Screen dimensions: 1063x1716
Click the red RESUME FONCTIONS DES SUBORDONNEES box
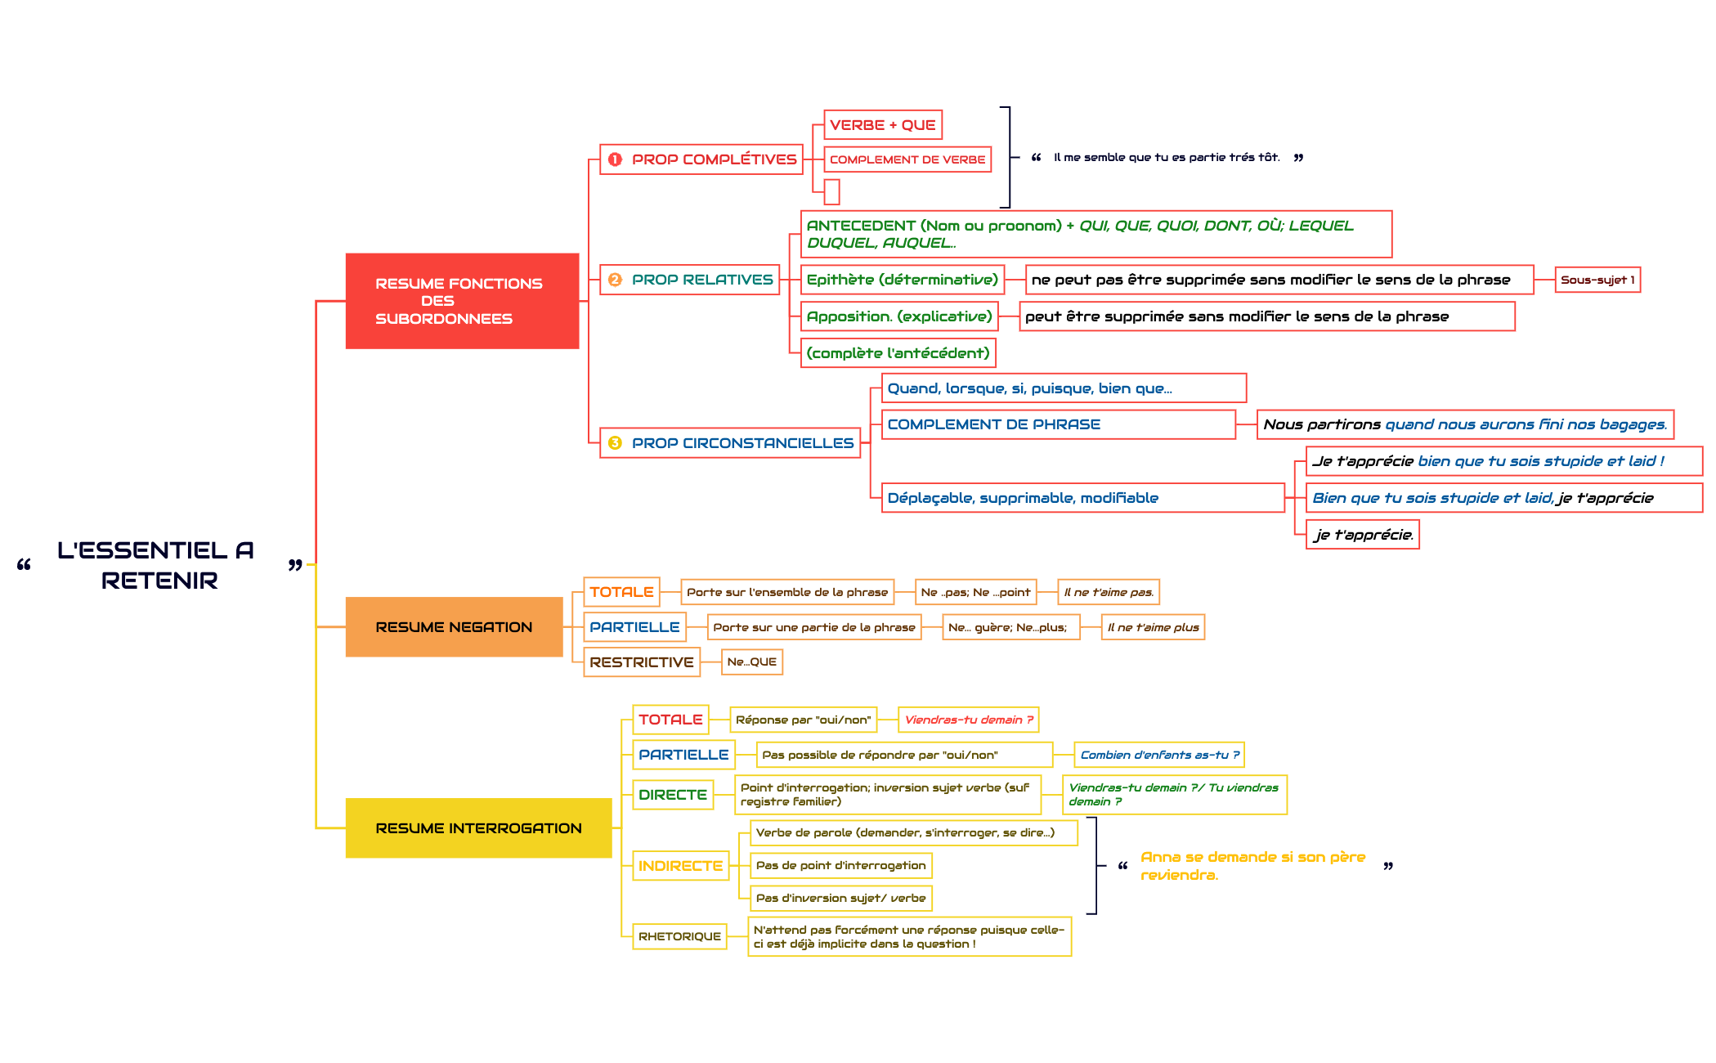462,301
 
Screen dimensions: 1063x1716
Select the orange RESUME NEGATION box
454,627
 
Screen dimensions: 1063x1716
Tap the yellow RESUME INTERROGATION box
478,828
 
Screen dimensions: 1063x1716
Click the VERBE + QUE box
882,125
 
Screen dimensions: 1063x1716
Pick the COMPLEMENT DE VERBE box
907,159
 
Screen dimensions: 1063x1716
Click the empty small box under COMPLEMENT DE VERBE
832,192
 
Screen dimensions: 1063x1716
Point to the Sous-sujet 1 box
1597,280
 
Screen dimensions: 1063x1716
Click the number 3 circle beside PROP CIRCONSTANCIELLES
615,443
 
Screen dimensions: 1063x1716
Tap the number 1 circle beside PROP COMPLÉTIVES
615,159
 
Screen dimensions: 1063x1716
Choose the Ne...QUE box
751,662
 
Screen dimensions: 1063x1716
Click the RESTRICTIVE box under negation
641,662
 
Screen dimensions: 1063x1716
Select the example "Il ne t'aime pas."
1108,592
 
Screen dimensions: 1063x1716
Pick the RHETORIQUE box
679,936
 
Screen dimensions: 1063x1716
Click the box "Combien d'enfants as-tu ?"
1158,755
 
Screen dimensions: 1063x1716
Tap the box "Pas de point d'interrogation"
840,865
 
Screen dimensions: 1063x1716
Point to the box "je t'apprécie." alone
1362,535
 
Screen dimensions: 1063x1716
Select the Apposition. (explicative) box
898,316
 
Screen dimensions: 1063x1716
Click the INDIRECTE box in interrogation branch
680,866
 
